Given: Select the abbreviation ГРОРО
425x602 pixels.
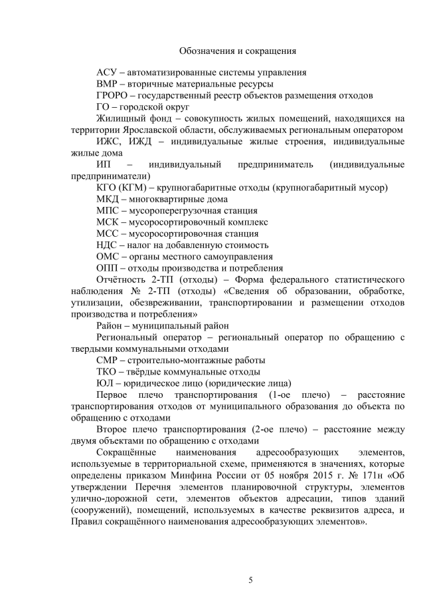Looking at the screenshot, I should point(112,95).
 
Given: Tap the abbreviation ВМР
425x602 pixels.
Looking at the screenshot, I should point(107,84).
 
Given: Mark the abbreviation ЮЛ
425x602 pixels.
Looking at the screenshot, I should point(105,383).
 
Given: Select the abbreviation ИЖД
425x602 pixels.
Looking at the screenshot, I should point(133,142).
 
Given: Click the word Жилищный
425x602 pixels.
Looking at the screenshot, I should point(121,118).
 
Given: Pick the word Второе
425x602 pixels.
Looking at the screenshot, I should point(114,430).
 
